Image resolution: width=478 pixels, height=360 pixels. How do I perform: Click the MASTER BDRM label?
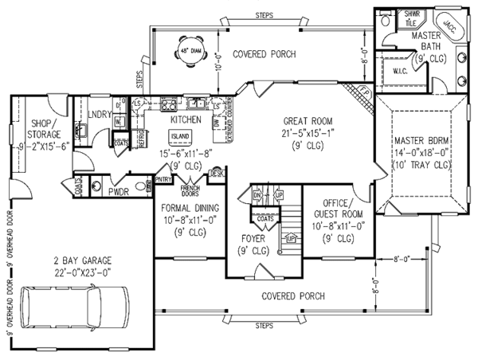point(421,142)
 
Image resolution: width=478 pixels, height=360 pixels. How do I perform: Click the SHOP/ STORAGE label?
point(41,128)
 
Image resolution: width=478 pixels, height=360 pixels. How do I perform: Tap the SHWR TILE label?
point(390,19)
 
